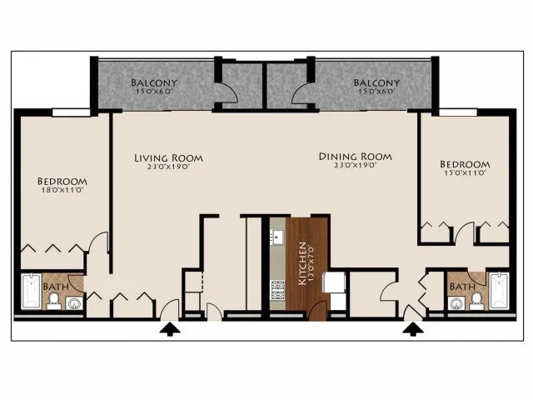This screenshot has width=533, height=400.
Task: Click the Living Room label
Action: coord(168,158)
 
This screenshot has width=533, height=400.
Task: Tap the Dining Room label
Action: coord(356,157)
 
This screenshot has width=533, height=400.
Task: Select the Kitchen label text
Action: coord(302,263)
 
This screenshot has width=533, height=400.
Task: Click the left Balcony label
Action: coord(154,82)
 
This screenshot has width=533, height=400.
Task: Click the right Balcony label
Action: coord(376,82)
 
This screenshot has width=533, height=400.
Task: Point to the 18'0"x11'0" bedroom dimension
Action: coord(62,190)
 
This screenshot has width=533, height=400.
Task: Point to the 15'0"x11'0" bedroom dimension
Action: coord(466,172)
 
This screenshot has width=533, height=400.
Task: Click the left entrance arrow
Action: coord(170,329)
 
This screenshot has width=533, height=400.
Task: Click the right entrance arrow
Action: coord(413,329)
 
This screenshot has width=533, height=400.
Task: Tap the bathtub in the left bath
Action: coord(32,291)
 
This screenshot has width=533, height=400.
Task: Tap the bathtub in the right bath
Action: coord(500,291)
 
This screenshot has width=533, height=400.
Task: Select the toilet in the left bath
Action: coord(53,302)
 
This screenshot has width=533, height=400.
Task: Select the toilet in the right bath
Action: coord(476,302)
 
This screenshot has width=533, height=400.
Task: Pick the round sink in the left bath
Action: coord(74,303)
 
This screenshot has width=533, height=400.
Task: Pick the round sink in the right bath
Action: coord(456,303)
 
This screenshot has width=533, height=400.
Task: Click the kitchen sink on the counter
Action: coord(277,237)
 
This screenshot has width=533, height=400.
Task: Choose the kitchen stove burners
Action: coord(277,290)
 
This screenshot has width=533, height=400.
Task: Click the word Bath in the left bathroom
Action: coord(56,287)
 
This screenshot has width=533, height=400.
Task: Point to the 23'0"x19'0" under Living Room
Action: coord(168,167)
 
